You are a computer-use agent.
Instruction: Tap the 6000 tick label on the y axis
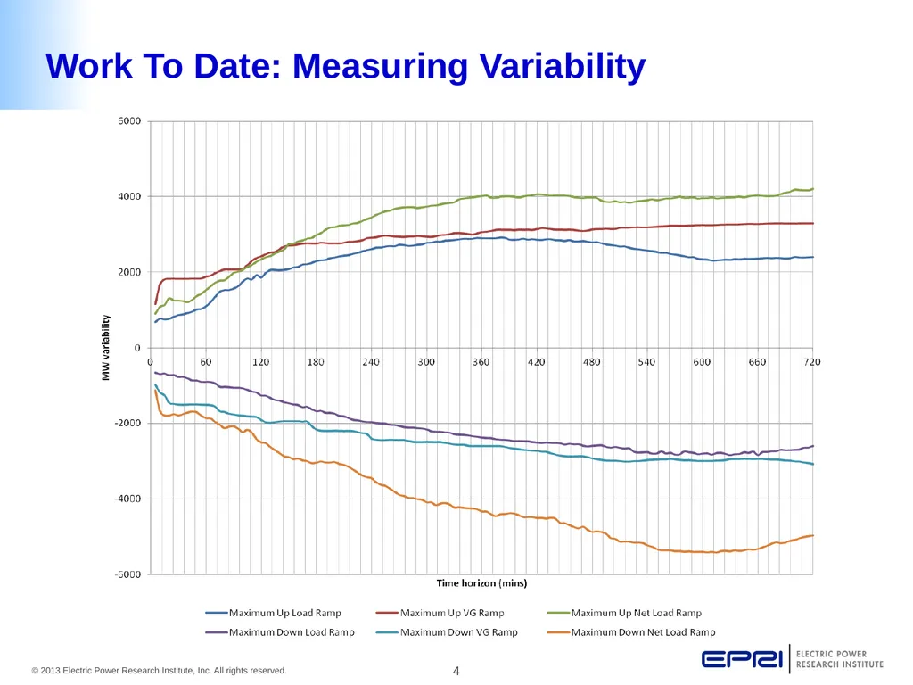(129, 121)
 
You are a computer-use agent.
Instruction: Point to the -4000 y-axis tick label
(127, 499)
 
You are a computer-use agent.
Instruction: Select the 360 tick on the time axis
(481, 362)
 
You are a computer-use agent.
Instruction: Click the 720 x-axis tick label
(811, 362)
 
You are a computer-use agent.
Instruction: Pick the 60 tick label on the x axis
(206, 362)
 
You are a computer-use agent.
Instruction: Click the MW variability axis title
(105, 348)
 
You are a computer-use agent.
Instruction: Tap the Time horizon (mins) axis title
(481, 583)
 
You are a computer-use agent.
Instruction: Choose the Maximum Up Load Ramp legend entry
(273, 613)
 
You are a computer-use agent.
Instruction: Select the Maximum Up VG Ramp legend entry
(440, 613)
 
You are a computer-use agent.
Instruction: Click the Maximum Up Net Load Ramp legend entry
(625, 613)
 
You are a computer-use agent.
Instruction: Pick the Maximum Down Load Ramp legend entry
(280, 632)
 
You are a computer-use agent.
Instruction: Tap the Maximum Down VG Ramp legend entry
(448, 632)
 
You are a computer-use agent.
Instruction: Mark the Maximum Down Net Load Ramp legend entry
(632, 632)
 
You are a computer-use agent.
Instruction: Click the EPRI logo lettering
(742, 659)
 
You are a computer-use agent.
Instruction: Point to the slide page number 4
(456, 671)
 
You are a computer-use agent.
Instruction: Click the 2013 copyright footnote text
(159, 671)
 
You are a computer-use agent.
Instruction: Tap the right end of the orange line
(813, 535)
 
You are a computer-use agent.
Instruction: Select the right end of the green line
(813, 189)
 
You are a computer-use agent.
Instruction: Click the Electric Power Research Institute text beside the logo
(840, 659)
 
